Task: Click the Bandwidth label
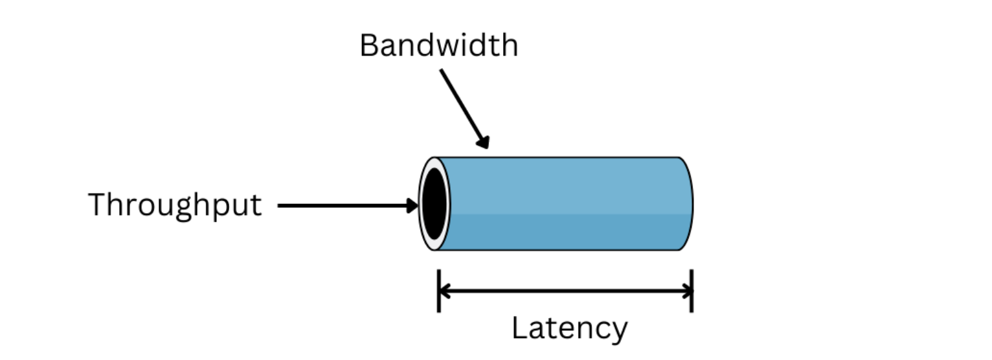coord(438,46)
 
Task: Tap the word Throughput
coord(175,206)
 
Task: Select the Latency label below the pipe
coord(569,328)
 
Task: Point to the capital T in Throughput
coord(97,205)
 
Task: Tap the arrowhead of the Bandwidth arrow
coord(483,142)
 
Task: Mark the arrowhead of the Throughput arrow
coord(412,207)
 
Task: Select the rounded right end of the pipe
coord(687,203)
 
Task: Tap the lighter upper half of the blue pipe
coord(563,185)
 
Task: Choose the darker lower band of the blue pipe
coord(563,232)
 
